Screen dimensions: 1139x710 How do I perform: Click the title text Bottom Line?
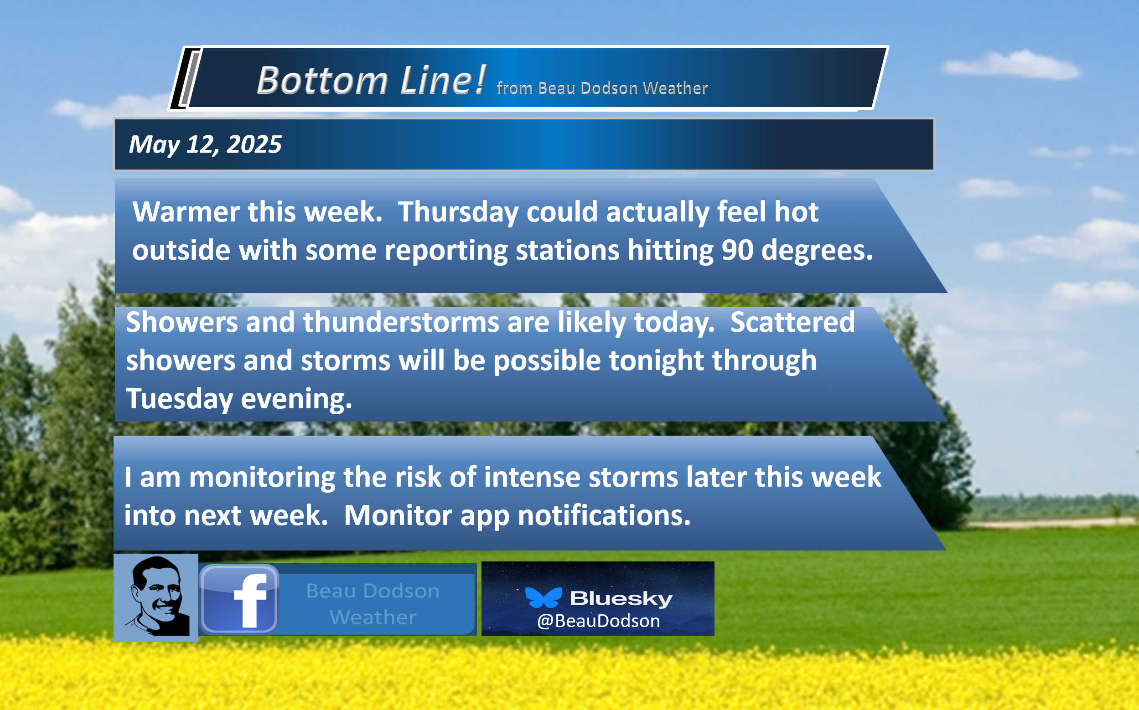coord(371,80)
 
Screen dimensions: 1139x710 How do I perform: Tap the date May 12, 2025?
coord(205,144)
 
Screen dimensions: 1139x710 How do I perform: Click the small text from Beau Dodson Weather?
coord(602,88)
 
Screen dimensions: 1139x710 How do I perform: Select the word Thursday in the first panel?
coord(458,212)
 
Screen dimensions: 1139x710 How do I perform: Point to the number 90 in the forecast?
coord(737,250)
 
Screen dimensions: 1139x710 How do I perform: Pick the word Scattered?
coord(792,322)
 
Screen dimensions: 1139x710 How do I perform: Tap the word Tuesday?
coord(179,399)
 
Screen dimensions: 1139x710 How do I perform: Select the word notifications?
coord(604,515)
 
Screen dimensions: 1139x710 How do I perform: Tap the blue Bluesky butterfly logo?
coord(544,597)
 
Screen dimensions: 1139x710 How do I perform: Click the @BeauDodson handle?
coord(598,621)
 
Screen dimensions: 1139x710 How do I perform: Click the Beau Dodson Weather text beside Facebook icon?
coord(373,604)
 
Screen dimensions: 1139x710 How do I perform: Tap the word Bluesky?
coord(621,598)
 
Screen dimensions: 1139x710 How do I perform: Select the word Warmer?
coord(186,212)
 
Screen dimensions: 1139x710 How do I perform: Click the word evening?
coord(296,399)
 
